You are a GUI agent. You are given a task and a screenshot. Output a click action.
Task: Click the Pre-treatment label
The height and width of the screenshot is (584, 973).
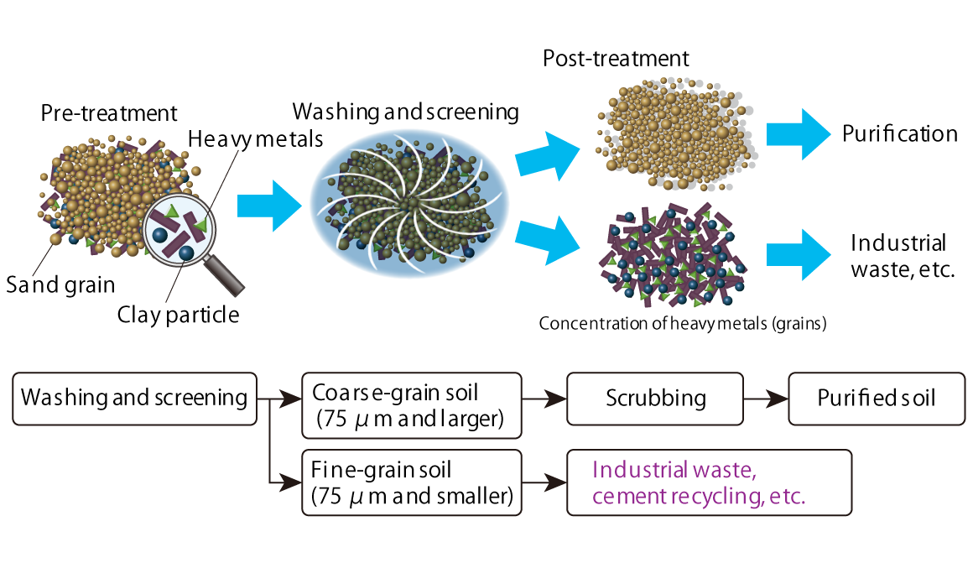tap(109, 113)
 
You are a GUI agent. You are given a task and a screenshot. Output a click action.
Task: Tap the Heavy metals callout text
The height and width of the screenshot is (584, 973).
tap(255, 139)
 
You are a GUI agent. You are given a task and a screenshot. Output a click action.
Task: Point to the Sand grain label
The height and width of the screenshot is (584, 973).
tap(60, 284)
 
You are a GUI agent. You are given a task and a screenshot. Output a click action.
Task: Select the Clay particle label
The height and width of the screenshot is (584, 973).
tap(178, 315)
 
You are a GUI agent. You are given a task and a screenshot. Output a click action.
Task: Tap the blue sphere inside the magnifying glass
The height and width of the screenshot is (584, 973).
tap(185, 252)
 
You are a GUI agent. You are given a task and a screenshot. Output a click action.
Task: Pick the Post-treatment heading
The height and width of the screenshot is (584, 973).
tap(616, 59)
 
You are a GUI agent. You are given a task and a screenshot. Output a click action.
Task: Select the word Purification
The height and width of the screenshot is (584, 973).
tap(900, 134)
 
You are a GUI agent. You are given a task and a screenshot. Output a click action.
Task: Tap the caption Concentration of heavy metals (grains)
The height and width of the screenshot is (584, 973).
tap(682, 324)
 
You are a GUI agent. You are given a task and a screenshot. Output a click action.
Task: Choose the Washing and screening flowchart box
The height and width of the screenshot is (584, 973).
tap(134, 398)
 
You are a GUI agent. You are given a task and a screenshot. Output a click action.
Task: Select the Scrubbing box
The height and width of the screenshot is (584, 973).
tap(655, 398)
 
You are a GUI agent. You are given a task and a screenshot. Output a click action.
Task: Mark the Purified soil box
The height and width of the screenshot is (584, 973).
tap(876, 398)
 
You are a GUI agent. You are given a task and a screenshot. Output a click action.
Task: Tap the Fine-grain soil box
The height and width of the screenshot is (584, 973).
tap(411, 482)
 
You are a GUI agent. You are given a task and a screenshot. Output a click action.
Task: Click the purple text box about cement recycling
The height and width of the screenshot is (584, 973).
tap(709, 482)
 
